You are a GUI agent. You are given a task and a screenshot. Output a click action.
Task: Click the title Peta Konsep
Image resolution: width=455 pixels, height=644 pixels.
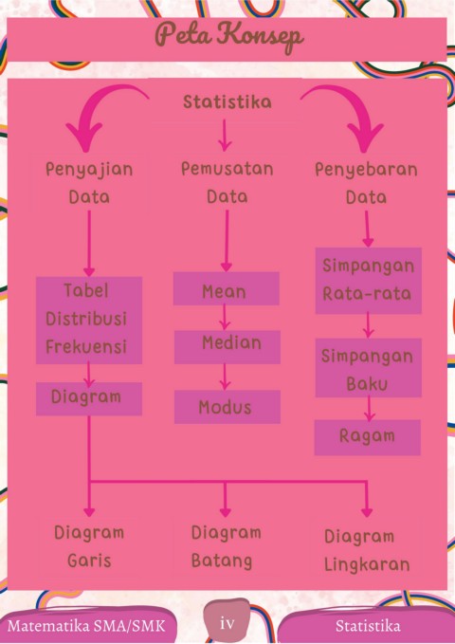click(229, 36)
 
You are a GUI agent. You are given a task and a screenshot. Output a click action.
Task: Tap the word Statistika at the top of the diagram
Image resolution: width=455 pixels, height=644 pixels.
click(227, 101)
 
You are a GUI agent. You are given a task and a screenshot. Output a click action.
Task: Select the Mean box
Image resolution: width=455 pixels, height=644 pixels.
click(227, 288)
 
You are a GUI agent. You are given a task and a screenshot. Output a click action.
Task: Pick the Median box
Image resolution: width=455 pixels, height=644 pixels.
click(227, 347)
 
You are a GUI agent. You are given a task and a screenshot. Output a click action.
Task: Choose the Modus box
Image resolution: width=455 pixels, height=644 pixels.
click(227, 407)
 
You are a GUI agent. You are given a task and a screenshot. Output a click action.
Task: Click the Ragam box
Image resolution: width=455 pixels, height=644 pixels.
click(368, 437)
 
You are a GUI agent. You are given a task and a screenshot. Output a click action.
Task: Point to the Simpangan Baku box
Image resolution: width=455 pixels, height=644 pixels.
click(369, 368)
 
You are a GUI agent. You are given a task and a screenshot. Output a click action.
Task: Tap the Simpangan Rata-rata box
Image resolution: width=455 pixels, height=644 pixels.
click(369, 281)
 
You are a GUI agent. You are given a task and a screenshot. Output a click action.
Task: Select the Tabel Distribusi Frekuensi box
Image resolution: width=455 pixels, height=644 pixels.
click(89, 321)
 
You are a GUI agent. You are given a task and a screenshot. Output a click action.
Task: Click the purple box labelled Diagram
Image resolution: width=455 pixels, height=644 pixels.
click(89, 398)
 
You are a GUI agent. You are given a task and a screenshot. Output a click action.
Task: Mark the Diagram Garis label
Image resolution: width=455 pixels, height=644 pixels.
click(89, 546)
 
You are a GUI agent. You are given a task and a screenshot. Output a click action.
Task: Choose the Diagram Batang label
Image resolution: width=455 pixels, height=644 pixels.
click(227, 546)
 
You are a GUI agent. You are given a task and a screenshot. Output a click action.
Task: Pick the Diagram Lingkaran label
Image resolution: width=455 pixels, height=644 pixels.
click(367, 550)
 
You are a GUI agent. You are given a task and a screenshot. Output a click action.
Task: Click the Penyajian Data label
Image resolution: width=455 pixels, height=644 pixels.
click(89, 183)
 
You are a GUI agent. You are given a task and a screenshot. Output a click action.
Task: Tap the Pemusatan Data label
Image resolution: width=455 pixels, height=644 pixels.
click(227, 182)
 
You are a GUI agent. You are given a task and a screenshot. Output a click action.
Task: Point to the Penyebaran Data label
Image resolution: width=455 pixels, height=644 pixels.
click(366, 183)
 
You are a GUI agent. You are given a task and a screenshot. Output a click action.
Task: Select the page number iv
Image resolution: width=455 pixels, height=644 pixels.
click(227, 623)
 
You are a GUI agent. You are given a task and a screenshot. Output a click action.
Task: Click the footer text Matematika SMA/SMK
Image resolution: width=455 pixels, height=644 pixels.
click(86, 626)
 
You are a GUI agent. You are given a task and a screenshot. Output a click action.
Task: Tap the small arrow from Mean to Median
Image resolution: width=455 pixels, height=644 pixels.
click(225, 317)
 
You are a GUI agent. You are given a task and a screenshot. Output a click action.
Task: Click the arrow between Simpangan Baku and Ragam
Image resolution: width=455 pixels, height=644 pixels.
click(369, 409)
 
